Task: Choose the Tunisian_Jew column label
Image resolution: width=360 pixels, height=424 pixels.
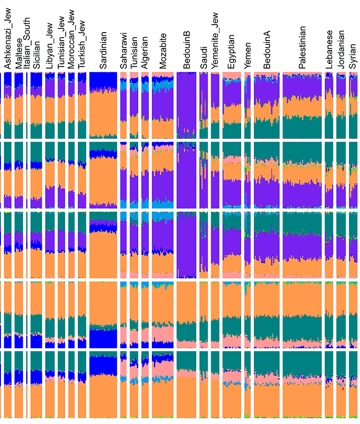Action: (x=61, y=45)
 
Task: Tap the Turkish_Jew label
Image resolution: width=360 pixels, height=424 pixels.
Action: (x=82, y=47)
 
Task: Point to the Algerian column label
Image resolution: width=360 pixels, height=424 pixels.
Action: (x=145, y=53)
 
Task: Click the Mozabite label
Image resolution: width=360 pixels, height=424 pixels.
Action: (x=163, y=51)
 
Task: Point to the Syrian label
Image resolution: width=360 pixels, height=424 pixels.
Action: (x=353, y=57)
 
